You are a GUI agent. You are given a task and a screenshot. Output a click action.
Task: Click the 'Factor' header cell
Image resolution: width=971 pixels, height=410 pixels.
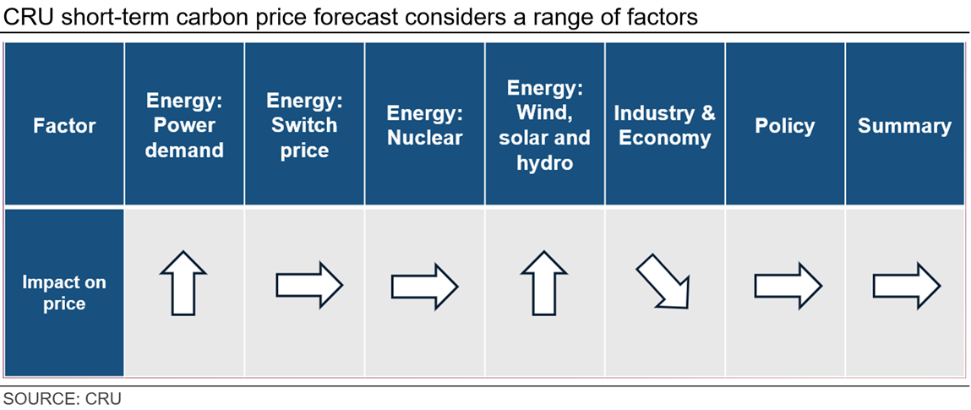tap(64, 126)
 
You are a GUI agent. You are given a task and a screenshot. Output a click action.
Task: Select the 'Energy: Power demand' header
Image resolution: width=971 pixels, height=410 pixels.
tap(184, 125)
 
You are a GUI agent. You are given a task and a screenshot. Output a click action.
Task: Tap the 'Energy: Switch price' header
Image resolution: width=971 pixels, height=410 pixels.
tap(304, 125)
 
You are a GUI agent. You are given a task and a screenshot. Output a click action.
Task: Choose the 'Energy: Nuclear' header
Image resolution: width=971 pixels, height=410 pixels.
tap(424, 125)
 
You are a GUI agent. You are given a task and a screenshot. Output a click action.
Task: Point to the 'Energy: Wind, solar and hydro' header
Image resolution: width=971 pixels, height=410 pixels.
tap(544, 125)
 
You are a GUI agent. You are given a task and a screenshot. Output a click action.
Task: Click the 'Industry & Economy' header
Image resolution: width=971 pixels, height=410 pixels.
tap(664, 125)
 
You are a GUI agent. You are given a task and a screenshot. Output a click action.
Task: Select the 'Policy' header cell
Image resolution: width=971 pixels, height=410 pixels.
tap(784, 126)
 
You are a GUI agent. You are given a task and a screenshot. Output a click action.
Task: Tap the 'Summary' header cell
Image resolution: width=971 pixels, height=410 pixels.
tap(904, 126)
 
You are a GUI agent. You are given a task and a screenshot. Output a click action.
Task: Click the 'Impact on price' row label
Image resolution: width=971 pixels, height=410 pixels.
tap(64, 292)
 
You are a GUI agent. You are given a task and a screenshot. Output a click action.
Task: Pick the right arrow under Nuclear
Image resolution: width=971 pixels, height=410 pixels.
tap(424, 285)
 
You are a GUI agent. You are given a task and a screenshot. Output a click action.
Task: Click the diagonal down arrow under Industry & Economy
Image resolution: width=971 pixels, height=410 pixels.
tap(664, 282)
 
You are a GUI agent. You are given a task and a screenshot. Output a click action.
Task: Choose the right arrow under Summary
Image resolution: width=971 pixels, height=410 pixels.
tap(906, 285)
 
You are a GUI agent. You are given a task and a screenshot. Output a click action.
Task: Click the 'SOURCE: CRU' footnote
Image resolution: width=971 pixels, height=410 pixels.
tap(63, 398)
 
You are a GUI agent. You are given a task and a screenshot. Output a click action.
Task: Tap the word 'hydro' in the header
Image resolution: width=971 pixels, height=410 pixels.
tap(544, 162)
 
